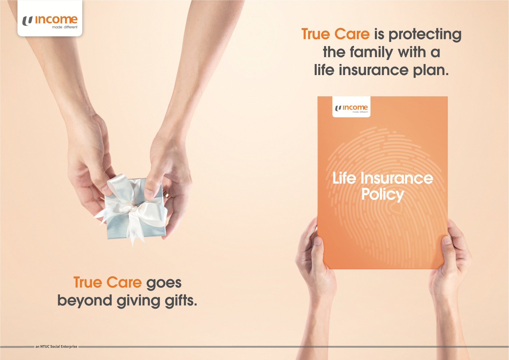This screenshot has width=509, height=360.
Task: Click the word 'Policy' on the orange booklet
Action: point(383,195)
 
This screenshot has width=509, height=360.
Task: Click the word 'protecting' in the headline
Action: point(425,35)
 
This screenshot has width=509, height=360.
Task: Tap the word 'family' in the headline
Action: point(371,53)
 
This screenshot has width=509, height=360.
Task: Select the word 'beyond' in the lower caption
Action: point(85,300)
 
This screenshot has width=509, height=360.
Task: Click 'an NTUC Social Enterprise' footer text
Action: point(56,346)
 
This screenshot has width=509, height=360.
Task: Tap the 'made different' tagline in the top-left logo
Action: point(65,27)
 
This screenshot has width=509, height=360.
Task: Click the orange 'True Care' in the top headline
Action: point(336,34)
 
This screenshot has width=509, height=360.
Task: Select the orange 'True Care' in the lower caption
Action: point(107,282)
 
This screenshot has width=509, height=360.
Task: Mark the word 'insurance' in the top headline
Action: point(374,70)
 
